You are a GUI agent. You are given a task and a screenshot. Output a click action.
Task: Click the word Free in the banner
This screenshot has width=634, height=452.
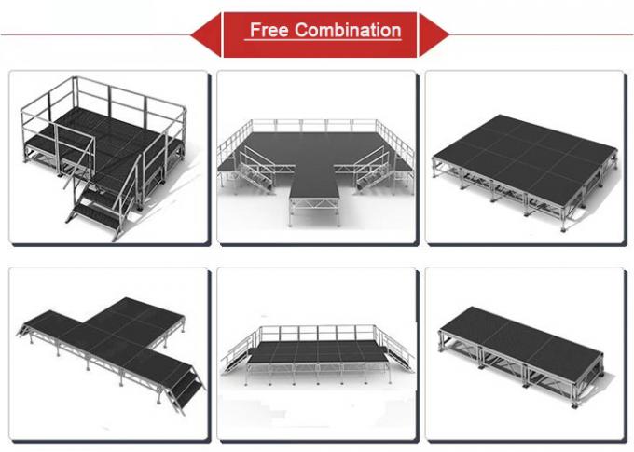[x=269, y=31]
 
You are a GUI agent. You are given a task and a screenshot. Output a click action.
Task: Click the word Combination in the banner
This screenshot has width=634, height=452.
[x=348, y=31]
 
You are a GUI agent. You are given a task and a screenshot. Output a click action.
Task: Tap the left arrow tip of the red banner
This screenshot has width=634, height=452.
[x=193, y=34]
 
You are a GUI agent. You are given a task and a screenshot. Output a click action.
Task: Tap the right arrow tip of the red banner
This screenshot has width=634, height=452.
[x=446, y=34]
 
